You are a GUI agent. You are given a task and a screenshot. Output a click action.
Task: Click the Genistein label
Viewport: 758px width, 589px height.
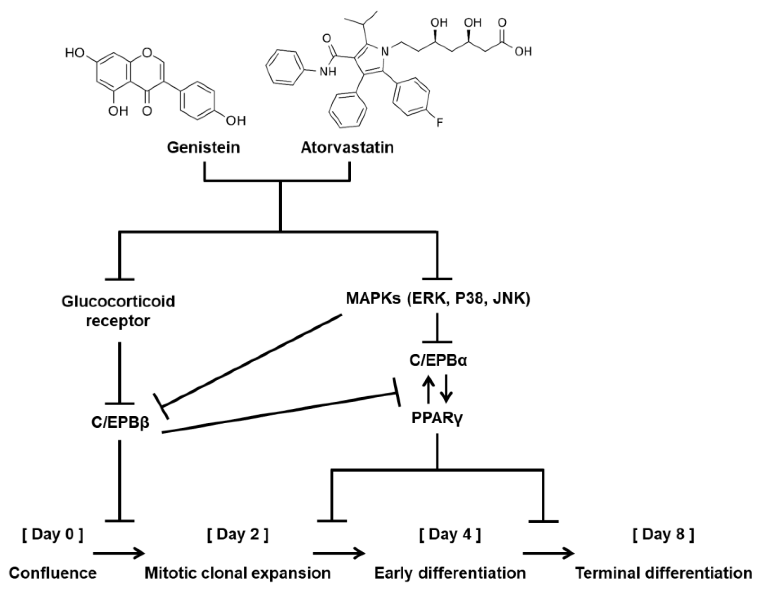203,147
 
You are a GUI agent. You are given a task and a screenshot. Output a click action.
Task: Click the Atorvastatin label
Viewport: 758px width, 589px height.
347,147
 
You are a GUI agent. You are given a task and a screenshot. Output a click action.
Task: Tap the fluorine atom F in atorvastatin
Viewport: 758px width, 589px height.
440,122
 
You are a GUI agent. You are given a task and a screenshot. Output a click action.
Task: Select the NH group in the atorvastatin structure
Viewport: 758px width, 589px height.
328,72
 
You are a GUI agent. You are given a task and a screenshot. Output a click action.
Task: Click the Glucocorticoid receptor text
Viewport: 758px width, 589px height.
118,311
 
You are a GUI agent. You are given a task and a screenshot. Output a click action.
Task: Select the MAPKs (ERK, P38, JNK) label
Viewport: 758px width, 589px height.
438,298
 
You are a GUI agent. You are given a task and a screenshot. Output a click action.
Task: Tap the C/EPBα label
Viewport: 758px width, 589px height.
438,361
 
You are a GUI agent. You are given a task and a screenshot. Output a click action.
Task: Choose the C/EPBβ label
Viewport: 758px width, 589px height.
120,422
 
